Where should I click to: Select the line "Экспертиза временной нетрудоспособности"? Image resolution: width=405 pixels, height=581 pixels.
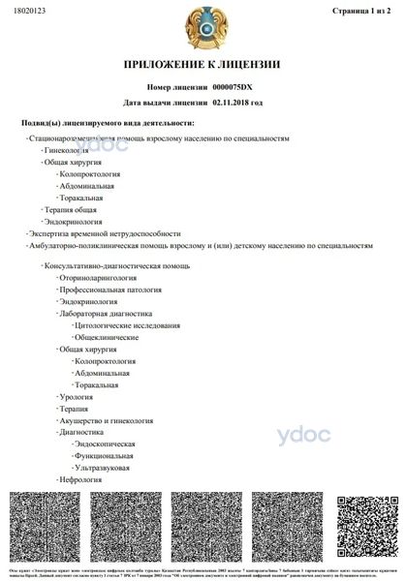(106, 233)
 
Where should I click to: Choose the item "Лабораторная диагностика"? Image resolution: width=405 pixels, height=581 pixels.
(106, 314)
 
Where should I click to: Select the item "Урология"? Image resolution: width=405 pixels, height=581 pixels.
(77, 397)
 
